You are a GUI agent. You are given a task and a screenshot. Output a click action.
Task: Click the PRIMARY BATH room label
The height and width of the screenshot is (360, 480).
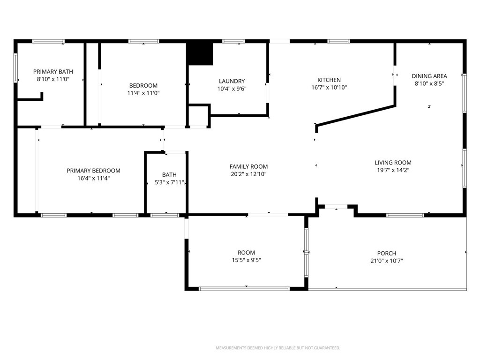point(53,72)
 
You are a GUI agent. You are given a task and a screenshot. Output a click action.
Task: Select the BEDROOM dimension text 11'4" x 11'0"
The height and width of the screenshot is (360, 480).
point(143,93)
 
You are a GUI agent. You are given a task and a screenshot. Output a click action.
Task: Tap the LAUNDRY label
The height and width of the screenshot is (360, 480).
point(232,81)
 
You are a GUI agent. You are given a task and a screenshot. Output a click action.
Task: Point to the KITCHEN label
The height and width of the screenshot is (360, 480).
point(329,80)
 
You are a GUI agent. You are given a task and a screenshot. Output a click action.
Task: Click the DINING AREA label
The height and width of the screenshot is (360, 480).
point(429,76)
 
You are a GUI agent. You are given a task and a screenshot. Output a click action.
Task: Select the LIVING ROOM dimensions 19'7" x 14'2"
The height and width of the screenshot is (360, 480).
point(393,170)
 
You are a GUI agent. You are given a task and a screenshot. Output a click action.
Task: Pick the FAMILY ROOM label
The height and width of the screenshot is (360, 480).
point(248,166)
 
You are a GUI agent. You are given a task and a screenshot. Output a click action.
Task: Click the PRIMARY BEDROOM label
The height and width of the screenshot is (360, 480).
point(93,171)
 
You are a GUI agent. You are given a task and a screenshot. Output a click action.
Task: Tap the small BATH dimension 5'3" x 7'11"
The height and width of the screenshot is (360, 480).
point(169,182)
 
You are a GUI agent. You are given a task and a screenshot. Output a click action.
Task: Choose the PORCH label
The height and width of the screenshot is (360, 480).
point(387,254)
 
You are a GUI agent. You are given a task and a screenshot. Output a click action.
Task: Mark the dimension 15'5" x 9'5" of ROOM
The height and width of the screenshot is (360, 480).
point(246,260)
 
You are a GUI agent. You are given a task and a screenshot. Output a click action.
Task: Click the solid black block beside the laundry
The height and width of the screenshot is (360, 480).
point(200,54)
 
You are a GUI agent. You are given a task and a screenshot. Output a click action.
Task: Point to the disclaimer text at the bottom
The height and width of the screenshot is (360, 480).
point(277,348)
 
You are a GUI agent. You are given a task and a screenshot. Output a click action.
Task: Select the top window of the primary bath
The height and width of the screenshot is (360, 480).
point(48,41)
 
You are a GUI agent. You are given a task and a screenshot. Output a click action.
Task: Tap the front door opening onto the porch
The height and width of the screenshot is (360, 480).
point(336,206)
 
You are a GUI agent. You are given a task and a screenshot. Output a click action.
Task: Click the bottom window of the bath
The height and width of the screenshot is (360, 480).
point(165,215)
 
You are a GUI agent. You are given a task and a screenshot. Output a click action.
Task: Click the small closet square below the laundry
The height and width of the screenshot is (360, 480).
point(198,116)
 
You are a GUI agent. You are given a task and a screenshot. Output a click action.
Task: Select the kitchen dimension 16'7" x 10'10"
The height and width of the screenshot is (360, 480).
point(329,88)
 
